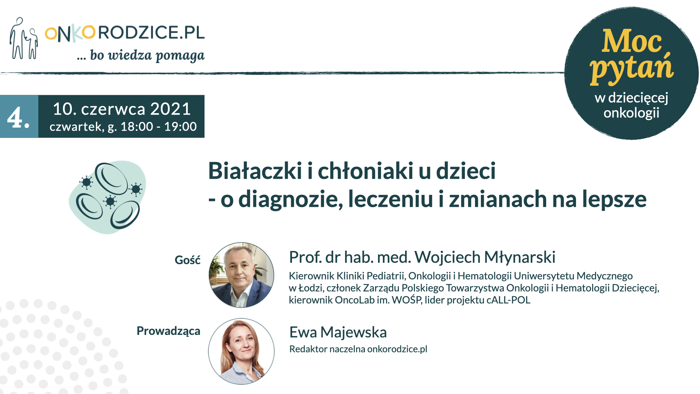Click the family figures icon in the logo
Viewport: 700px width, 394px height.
point(24,38)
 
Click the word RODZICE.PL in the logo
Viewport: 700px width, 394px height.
point(151,32)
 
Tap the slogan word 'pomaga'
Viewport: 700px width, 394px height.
point(180,56)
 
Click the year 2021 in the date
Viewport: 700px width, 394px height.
point(171,109)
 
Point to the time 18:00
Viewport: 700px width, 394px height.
point(137,127)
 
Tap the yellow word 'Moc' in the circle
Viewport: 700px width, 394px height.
point(631,41)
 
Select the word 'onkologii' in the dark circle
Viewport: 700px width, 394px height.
point(631,113)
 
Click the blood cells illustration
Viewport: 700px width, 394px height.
point(108,197)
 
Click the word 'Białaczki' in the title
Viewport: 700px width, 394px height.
point(255,171)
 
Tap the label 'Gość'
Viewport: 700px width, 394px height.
point(187,260)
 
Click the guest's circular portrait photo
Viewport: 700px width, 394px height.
point(241,275)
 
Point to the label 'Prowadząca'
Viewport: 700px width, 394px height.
point(168,331)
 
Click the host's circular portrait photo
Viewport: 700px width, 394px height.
point(241,351)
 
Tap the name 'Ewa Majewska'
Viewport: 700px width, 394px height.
point(338,333)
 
